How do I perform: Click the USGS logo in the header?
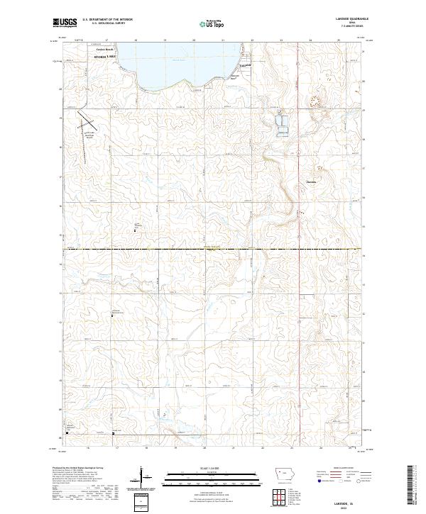(65, 23)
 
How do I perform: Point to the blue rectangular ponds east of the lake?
(282, 123)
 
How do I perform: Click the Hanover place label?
(310, 181)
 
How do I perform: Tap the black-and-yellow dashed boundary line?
(213, 249)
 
